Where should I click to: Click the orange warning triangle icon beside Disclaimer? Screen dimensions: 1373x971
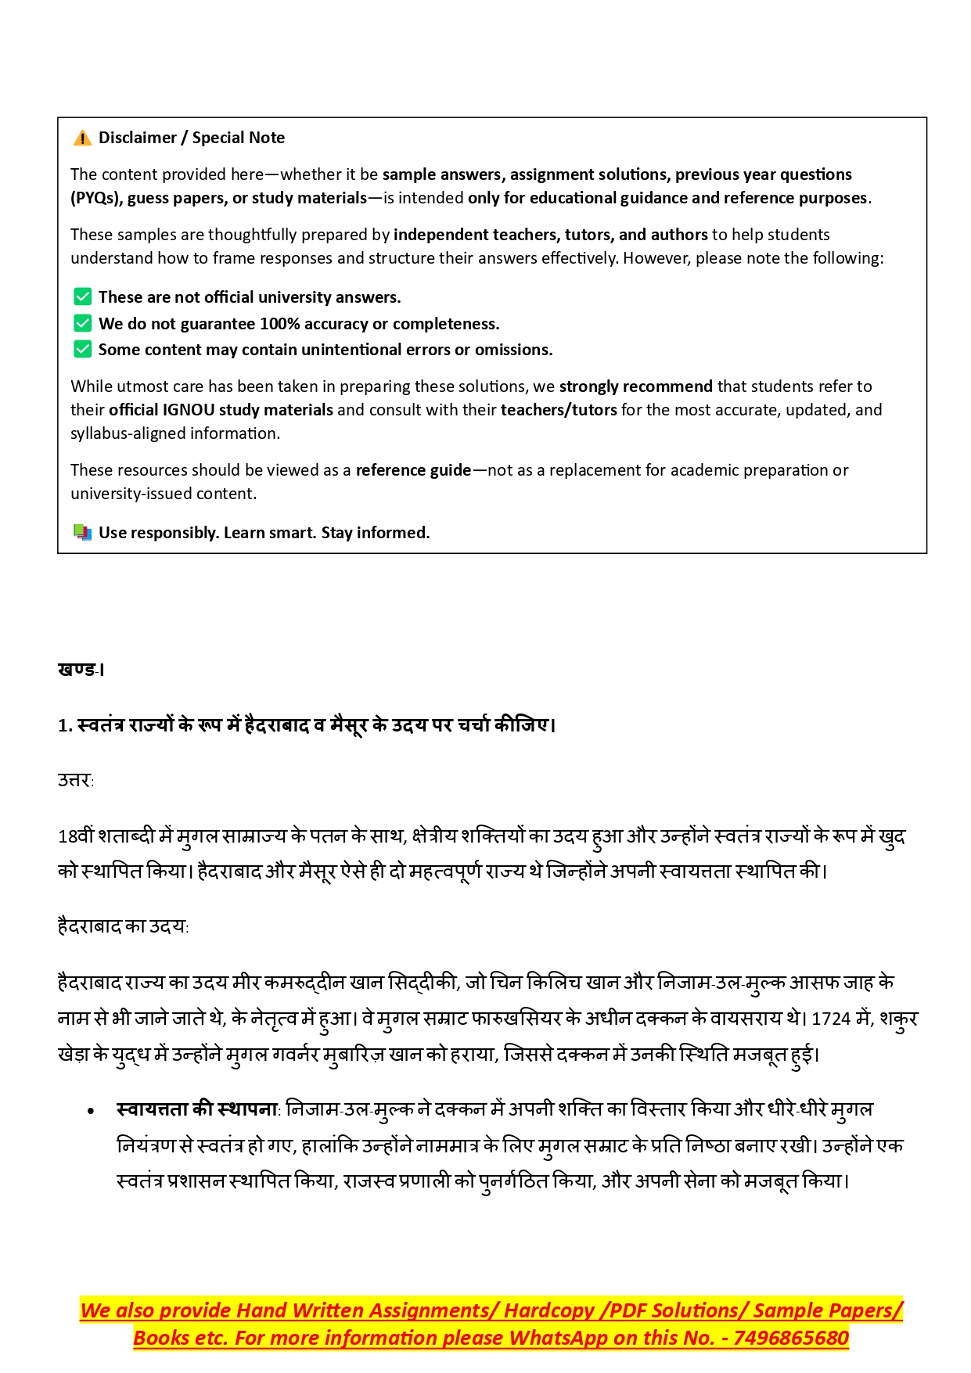point(82,138)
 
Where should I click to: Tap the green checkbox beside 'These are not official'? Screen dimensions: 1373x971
point(82,297)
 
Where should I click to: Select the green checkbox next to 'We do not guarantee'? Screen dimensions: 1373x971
point(82,323)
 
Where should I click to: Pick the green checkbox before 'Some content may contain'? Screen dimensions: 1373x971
point(82,349)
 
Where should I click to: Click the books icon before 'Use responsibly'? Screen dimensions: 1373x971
point(82,533)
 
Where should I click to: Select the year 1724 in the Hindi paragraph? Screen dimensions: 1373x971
point(831,1019)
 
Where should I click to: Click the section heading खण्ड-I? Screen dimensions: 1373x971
point(81,670)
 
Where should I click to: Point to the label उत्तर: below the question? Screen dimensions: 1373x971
point(76,781)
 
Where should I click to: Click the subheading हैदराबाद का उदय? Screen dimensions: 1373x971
point(123,927)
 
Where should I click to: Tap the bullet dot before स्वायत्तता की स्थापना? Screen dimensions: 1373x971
point(92,1111)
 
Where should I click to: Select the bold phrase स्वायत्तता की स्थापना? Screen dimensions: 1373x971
point(197,1109)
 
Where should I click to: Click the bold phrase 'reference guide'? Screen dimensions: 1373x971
point(413,470)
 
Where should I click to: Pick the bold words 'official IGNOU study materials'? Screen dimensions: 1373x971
point(221,410)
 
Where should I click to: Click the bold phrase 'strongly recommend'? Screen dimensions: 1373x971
point(635,386)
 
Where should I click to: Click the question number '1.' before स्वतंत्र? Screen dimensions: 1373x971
point(65,726)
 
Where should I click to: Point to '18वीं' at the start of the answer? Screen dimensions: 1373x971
point(76,836)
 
